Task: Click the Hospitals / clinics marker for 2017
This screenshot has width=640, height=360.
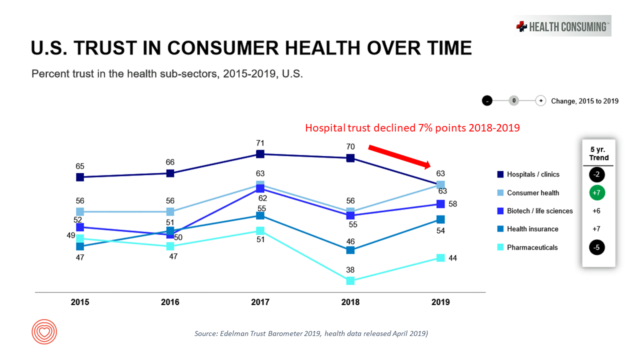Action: coord(260,154)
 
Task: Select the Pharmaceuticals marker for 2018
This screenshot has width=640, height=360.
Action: coord(350,281)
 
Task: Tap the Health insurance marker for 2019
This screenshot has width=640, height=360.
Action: coord(440,219)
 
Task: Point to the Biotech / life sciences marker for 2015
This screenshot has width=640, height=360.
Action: coord(79,227)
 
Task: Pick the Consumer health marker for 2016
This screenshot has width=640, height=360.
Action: coord(170,211)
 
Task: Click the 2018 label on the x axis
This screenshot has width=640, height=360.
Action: coord(350,302)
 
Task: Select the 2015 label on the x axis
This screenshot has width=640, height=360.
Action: coord(80,302)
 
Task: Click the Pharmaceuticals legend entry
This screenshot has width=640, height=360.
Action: coord(532,247)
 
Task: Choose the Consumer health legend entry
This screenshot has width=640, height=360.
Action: coord(532,193)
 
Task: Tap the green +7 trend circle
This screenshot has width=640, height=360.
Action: coord(596,193)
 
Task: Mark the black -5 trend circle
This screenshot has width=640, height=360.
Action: coord(596,247)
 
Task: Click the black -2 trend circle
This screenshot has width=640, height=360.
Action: coord(596,174)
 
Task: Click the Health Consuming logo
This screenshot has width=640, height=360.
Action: coord(563,26)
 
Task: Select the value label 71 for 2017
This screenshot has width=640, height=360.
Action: coord(260,143)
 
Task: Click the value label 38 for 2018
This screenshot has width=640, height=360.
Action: coord(350,270)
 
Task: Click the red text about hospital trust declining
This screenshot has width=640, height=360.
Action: coord(412,128)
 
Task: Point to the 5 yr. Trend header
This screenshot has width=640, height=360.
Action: coord(598,153)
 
